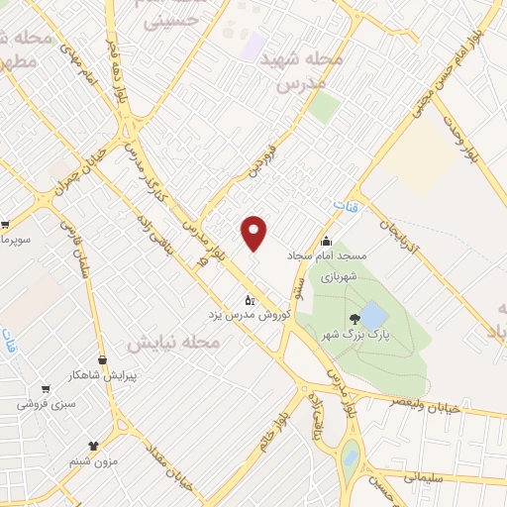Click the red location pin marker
pyautogui.click(x=254, y=232)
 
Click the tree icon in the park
pyautogui.click(x=355, y=319)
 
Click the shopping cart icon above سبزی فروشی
pyautogui.click(x=46, y=389)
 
